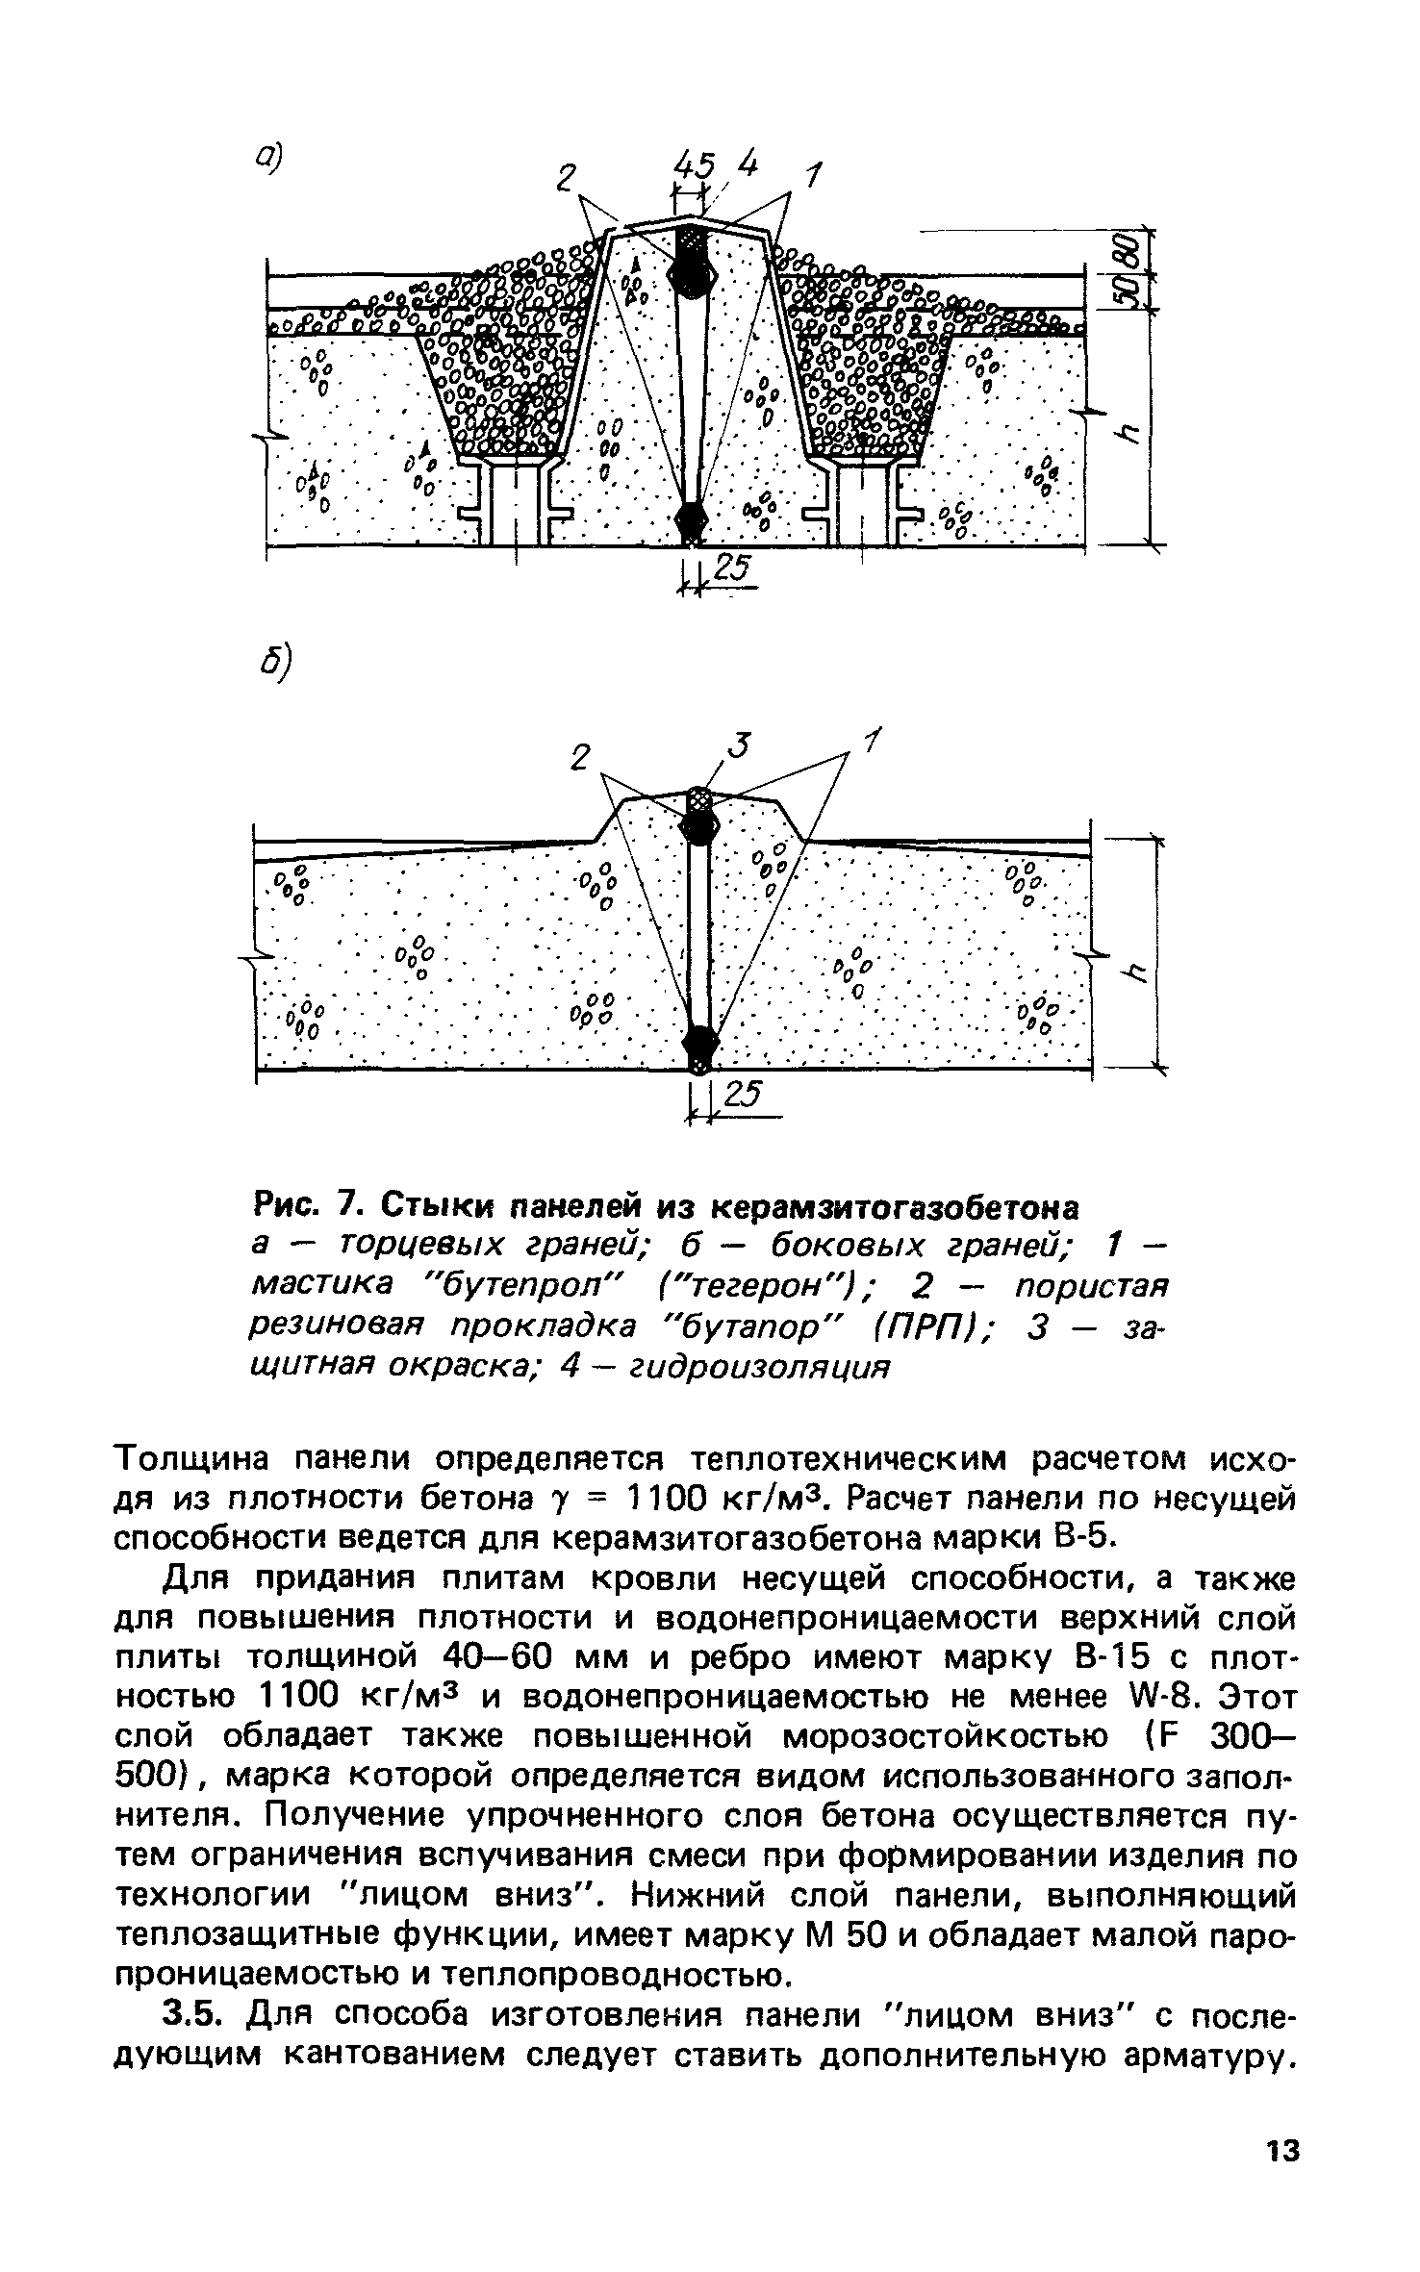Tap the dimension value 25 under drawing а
[x=730, y=570]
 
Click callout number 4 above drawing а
[x=748, y=165]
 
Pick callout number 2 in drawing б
[x=579, y=759]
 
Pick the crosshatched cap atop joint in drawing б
[x=699, y=798]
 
